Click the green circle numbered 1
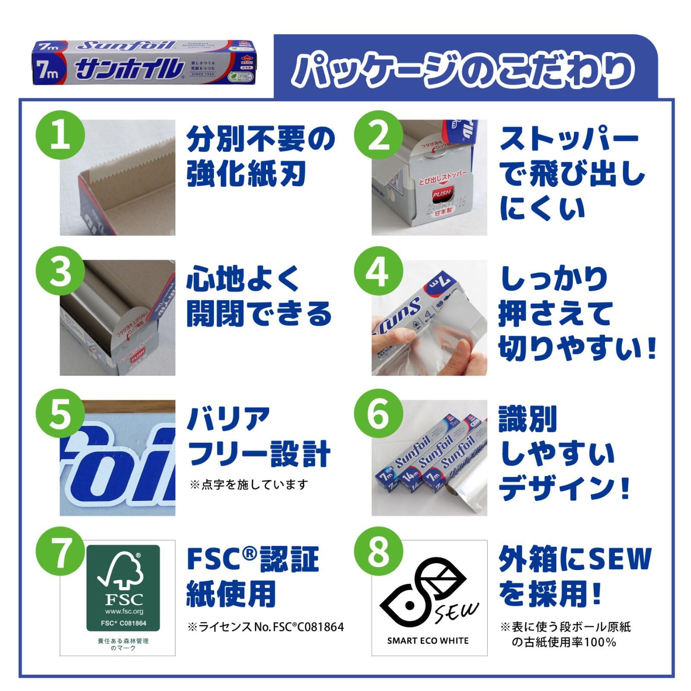pyautogui.click(x=60, y=136)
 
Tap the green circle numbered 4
pyautogui.click(x=378, y=273)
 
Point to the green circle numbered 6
pyautogui.click(x=378, y=413)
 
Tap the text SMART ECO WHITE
pyautogui.click(x=428, y=641)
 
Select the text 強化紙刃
pyautogui.click(x=246, y=174)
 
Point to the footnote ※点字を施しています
pyautogui.click(x=249, y=485)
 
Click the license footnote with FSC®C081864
pyautogui.click(x=266, y=627)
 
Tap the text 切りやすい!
pyautogui.click(x=577, y=348)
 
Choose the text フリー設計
pyautogui.click(x=259, y=453)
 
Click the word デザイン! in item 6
pyautogui.click(x=564, y=488)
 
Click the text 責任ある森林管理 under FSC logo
pyautogui.click(x=123, y=641)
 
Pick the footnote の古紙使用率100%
pyautogui.click(x=564, y=642)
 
